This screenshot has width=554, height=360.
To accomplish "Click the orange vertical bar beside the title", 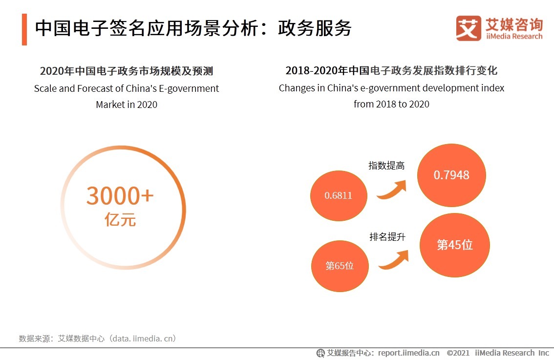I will (x=24, y=30).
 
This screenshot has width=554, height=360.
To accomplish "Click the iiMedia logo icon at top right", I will (x=468, y=28).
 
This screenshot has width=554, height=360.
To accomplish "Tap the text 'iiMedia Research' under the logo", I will (x=514, y=36).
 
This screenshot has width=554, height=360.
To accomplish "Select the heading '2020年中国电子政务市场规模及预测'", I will (x=126, y=71).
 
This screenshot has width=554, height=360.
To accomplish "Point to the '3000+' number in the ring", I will (x=120, y=196).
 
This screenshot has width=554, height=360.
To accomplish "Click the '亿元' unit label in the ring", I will (x=120, y=220).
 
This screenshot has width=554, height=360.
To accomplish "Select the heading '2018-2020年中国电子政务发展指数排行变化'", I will (x=391, y=71).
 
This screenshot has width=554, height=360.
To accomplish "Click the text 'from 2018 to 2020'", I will (x=391, y=104).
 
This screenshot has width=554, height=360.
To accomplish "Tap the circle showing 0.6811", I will (x=339, y=196).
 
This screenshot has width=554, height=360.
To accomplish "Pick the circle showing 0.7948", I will (x=451, y=175).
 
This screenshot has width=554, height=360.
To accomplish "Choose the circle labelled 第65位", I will (x=340, y=266).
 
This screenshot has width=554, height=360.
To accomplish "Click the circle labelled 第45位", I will (x=454, y=245).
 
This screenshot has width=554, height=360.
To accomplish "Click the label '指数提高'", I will (x=386, y=166).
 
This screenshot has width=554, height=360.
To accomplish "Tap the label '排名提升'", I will (x=387, y=237).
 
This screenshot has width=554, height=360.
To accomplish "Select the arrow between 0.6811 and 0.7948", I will (x=392, y=190).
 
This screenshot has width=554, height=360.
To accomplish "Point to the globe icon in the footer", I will (x=320, y=353).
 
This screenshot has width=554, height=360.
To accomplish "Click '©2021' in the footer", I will (x=458, y=353).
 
